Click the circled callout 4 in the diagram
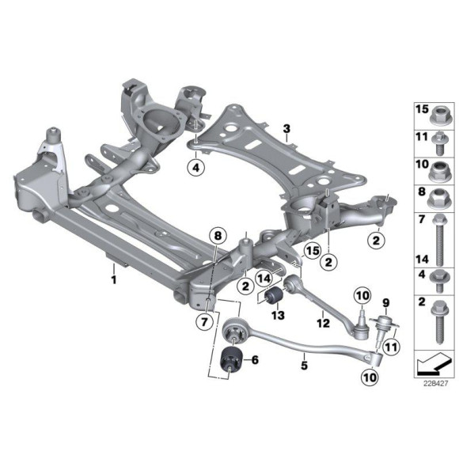(x=195, y=166)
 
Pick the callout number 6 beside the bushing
(x=255, y=360)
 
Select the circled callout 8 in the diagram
(x=218, y=234)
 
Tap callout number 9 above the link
(x=387, y=301)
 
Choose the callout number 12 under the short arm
(x=323, y=322)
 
